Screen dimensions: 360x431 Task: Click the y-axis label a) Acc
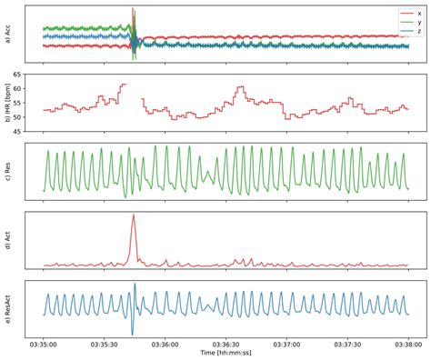coord(7,34)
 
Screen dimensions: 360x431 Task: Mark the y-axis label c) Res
coord(7,171)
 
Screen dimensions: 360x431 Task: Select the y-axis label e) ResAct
coord(7,309)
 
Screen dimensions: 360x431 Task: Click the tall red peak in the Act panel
coord(133,216)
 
